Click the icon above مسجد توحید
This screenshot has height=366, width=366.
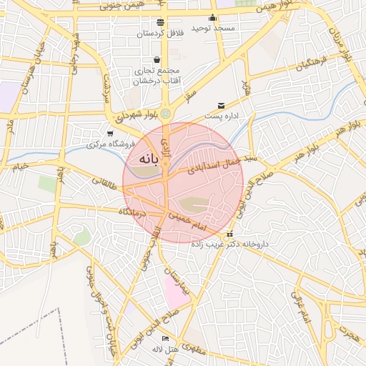point(212,18)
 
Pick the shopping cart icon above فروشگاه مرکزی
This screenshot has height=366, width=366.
point(109,133)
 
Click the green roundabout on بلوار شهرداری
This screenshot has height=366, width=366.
point(166,113)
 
